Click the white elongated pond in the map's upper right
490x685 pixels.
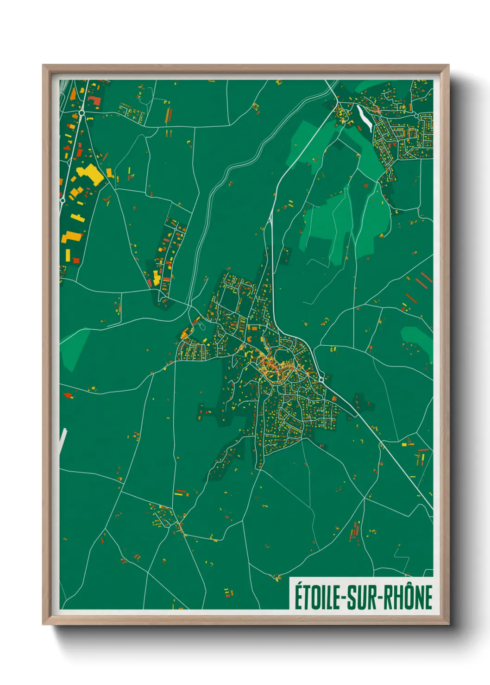pyautogui.click(x=364, y=118)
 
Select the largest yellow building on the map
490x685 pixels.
pyautogui.click(x=90, y=175)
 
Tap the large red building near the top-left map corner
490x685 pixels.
pyautogui.click(x=94, y=100)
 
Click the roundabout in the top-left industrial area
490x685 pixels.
pyautogui.click(x=82, y=112)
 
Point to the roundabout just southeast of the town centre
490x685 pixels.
pyautogui.click(x=321, y=380)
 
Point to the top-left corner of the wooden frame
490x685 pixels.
pyautogui.click(x=44, y=66)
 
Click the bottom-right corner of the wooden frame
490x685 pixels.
pyautogui.click(x=448, y=624)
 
